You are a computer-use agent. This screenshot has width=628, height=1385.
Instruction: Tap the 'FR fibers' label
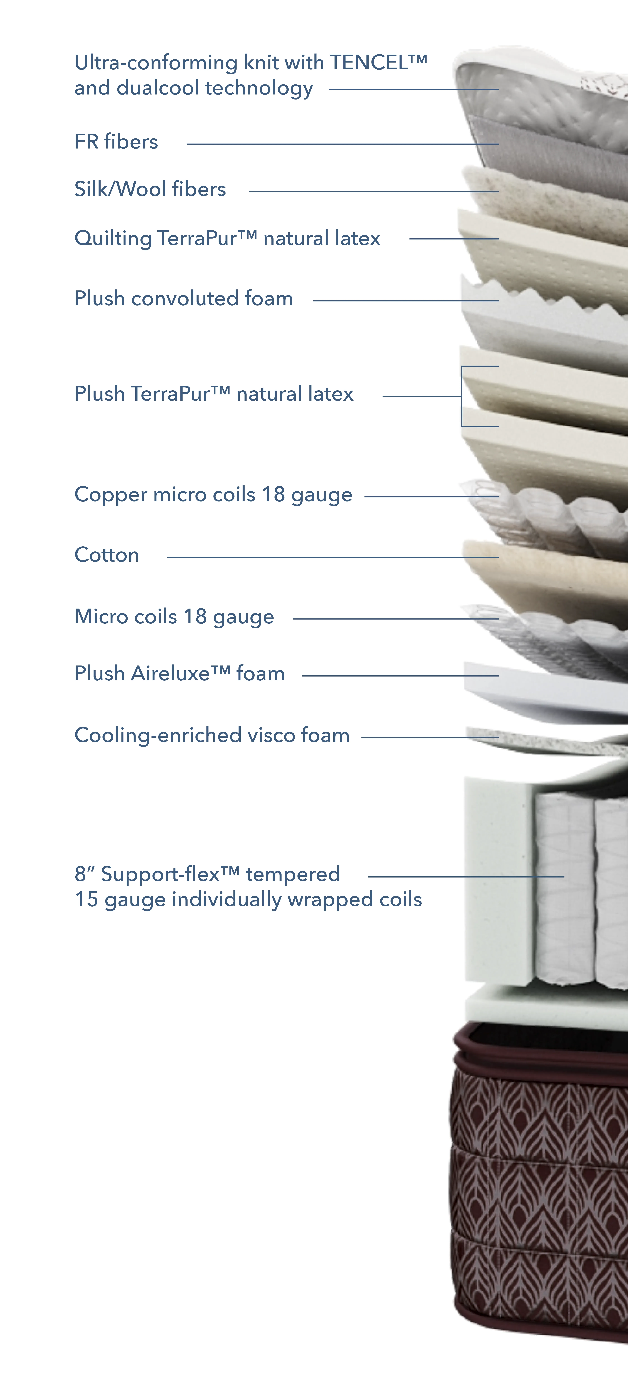coord(116,141)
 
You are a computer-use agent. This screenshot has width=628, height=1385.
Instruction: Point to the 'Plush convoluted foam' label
coord(184,298)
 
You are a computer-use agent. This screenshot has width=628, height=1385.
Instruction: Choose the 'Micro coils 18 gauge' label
coord(174,617)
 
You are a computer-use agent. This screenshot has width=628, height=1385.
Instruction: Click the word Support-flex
coord(160,874)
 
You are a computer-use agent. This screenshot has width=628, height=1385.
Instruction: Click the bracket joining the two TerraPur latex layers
coord(462,396)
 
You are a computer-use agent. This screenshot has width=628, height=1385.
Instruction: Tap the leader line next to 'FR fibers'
coord(342,144)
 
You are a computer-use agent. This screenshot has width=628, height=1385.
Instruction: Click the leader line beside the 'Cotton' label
coord(333,557)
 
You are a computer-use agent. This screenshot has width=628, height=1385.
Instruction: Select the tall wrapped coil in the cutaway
coord(565,890)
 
